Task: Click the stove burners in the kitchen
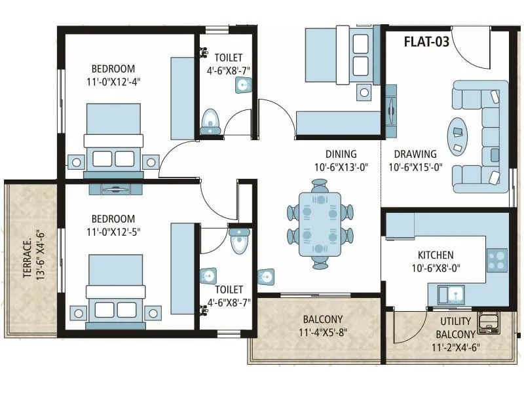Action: (496, 260)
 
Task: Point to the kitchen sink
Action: (451, 293)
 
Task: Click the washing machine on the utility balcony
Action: (488, 322)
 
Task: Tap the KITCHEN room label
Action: (436, 255)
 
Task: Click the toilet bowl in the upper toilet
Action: (210, 121)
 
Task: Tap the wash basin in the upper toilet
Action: (244, 86)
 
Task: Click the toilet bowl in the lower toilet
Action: (240, 242)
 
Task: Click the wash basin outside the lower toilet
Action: (267, 277)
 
